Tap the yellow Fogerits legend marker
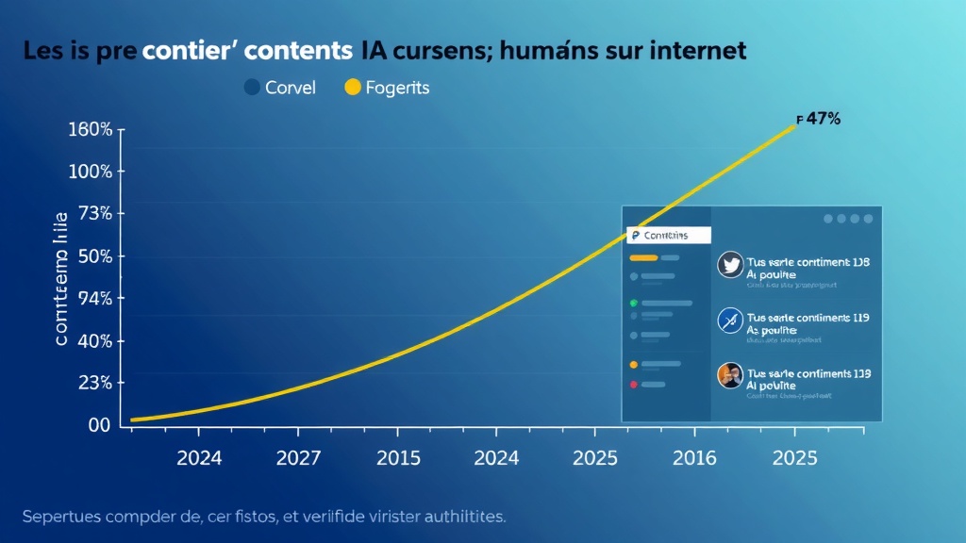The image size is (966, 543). click(x=353, y=88)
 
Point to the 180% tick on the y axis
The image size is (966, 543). click(x=91, y=129)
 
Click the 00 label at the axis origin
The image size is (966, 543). click(x=99, y=425)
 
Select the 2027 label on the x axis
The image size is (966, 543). click(x=299, y=459)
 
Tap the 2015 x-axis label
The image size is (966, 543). click(x=398, y=459)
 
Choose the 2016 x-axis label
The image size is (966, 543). click(x=694, y=459)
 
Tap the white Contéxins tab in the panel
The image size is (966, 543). click(x=668, y=235)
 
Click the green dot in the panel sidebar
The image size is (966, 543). click(x=634, y=304)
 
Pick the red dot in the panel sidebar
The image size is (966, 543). click(x=634, y=385)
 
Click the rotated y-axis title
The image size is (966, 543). click(x=60, y=280)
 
